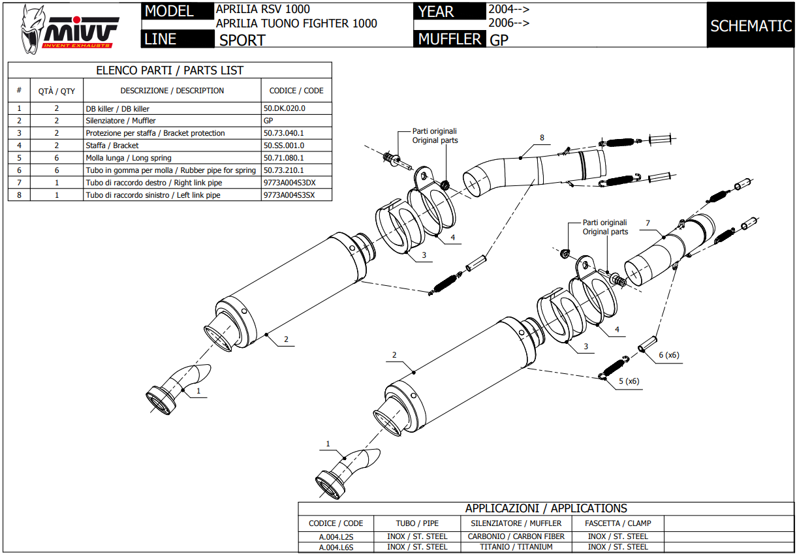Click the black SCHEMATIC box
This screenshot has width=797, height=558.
pyautogui.click(x=751, y=26)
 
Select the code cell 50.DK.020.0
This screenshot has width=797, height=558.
pyautogui.click(x=284, y=109)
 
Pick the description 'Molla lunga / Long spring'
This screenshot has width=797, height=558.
pyautogui.click(x=129, y=158)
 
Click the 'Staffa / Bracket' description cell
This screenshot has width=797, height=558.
pyautogui.click(x=112, y=146)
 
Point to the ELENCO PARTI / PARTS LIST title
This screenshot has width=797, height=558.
pyautogui.click(x=170, y=70)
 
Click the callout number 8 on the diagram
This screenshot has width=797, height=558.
pyautogui.click(x=542, y=138)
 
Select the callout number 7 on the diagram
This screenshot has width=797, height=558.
pyautogui.click(x=648, y=223)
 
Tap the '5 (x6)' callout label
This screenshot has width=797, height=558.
pyautogui.click(x=628, y=381)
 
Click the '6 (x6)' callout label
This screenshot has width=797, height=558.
pyautogui.click(x=668, y=355)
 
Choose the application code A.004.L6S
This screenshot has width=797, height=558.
pyautogui.click(x=336, y=547)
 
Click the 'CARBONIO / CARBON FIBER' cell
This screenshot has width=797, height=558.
pyautogui.click(x=516, y=536)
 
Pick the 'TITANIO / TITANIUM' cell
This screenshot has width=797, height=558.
pyautogui.click(x=516, y=547)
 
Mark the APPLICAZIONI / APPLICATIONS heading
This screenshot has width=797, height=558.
pyautogui.click(x=546, y=508)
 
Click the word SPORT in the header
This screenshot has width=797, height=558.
pyautogui.click(x=242, y=40)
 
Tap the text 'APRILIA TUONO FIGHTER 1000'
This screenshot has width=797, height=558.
pyautogui.click(x=296, y=24)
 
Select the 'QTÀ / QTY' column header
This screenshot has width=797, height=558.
pyautogui.click(x=56, y=91)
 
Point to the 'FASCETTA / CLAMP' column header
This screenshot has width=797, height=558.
pyautogui.click(x=617, y=523)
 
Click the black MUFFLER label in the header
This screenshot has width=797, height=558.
pyautogui.click(x=450, y=39)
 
